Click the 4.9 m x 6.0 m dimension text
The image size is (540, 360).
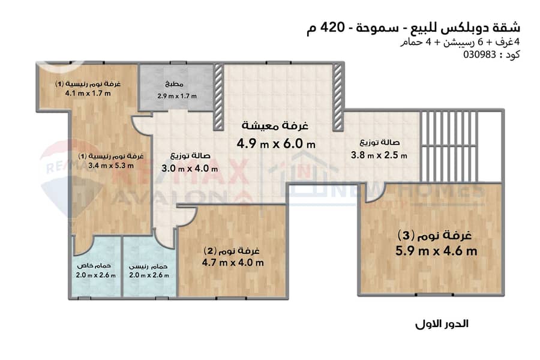[276, 143]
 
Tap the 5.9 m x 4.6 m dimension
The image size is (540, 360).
[436, 250]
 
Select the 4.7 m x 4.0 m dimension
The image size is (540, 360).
[233, 263]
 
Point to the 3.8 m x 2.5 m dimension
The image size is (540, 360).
[379, 155]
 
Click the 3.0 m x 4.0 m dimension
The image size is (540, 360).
[190, 169]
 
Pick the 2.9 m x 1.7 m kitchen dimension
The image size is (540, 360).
[177, 96]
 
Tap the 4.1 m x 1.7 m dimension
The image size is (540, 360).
[88, 93]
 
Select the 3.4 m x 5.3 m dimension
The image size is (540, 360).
[111, 166]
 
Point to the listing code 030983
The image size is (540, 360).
[479, 55]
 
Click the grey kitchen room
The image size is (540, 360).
[176, 88]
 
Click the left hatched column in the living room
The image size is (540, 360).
[218, 97]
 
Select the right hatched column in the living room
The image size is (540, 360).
[338, 97]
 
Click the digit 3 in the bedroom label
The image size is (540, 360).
[406, 236]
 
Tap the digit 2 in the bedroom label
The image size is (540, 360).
[210, 251]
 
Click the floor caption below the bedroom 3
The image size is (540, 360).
[442, 324]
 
